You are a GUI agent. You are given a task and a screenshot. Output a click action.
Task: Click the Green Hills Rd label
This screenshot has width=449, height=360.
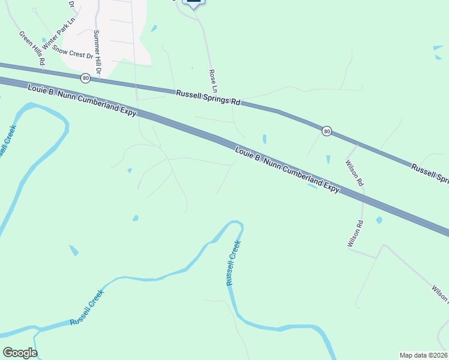[x=32, y=48]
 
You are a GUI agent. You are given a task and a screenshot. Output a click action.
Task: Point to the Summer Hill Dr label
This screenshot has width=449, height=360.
[x=97, y=53]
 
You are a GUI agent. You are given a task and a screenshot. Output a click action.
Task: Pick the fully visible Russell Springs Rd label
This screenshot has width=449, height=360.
[x=208, y=98]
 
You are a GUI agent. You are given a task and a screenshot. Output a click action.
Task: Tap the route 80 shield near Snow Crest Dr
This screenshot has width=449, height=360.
[x=86, y=78]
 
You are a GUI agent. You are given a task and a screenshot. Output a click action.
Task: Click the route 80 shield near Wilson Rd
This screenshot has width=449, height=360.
[x=326, y=131]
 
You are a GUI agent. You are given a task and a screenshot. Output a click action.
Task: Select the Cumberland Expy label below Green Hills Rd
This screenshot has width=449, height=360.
[x=83, y=100]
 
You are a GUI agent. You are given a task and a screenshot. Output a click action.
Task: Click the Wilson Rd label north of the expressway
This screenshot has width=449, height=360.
[x=355, y=172]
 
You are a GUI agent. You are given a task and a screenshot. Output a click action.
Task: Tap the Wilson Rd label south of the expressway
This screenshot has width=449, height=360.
[x=355, y=234]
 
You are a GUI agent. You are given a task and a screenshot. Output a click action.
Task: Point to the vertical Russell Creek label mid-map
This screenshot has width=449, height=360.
[x=233, y=262]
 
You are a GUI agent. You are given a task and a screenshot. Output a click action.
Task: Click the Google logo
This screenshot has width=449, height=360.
[x=20, y=353]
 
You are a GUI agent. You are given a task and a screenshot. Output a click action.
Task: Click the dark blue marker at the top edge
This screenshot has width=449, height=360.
[x=193, y=3]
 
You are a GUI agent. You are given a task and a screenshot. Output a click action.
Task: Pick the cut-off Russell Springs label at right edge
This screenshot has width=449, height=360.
[x=430, y=172]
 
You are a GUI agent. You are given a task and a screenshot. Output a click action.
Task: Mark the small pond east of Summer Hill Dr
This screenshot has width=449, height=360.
[x=154, y=28]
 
